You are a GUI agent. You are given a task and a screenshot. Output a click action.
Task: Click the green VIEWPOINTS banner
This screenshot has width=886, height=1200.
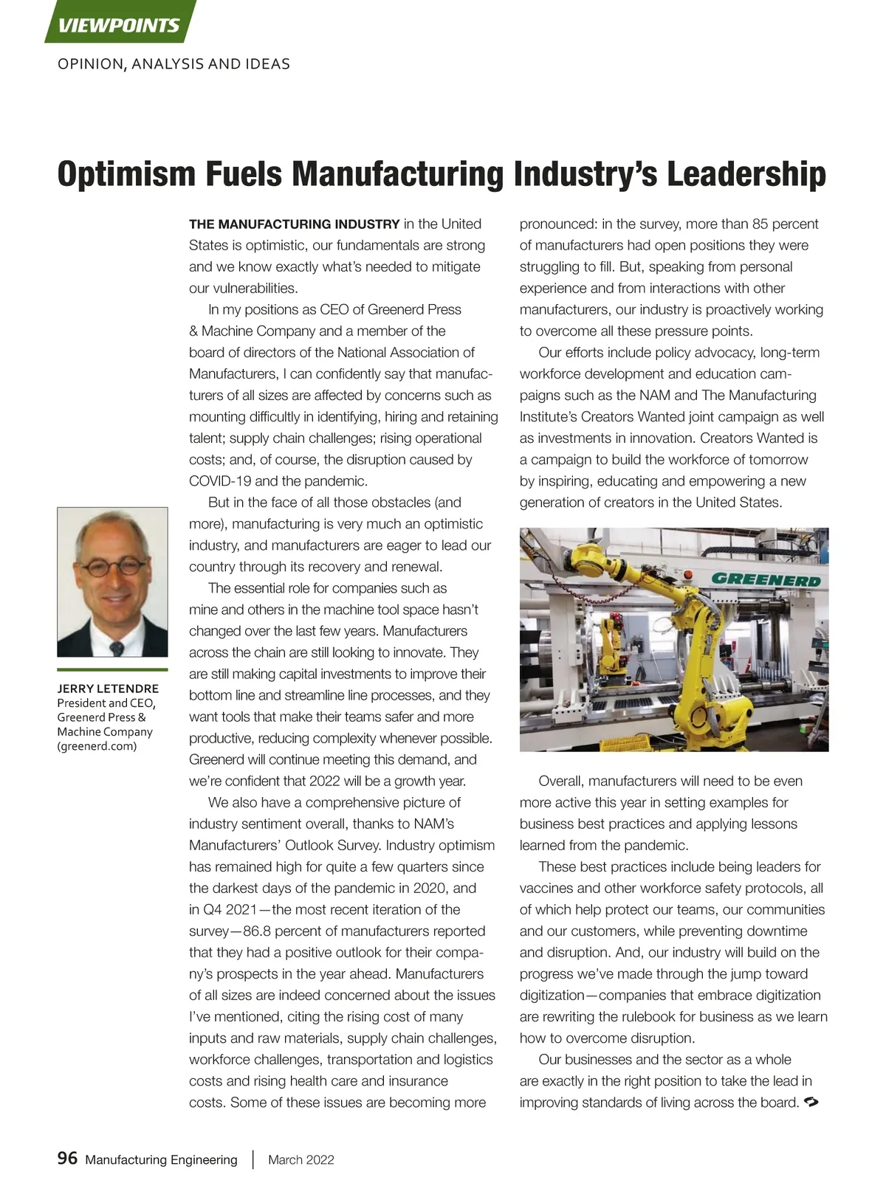coord(119,25)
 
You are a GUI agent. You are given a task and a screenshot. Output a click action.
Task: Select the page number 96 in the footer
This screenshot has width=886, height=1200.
coord(67,1158)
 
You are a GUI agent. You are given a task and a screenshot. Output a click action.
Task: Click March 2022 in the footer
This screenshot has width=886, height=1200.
coord(301,1159)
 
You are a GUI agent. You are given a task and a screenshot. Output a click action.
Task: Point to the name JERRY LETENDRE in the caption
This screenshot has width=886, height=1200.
coord(108,689)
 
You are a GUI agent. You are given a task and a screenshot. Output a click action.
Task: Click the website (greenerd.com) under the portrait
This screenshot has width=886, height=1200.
coord(97,745)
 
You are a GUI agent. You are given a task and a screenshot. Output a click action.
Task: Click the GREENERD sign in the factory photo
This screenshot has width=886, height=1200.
coord(766,579)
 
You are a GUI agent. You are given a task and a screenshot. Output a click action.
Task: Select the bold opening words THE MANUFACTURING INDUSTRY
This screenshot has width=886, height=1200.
coord(294,224)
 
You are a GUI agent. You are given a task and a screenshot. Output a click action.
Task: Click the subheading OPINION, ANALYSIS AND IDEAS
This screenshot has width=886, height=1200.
coord(174,64)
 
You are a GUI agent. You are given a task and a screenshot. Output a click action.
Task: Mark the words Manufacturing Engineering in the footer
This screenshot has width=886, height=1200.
coord(161,1159)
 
